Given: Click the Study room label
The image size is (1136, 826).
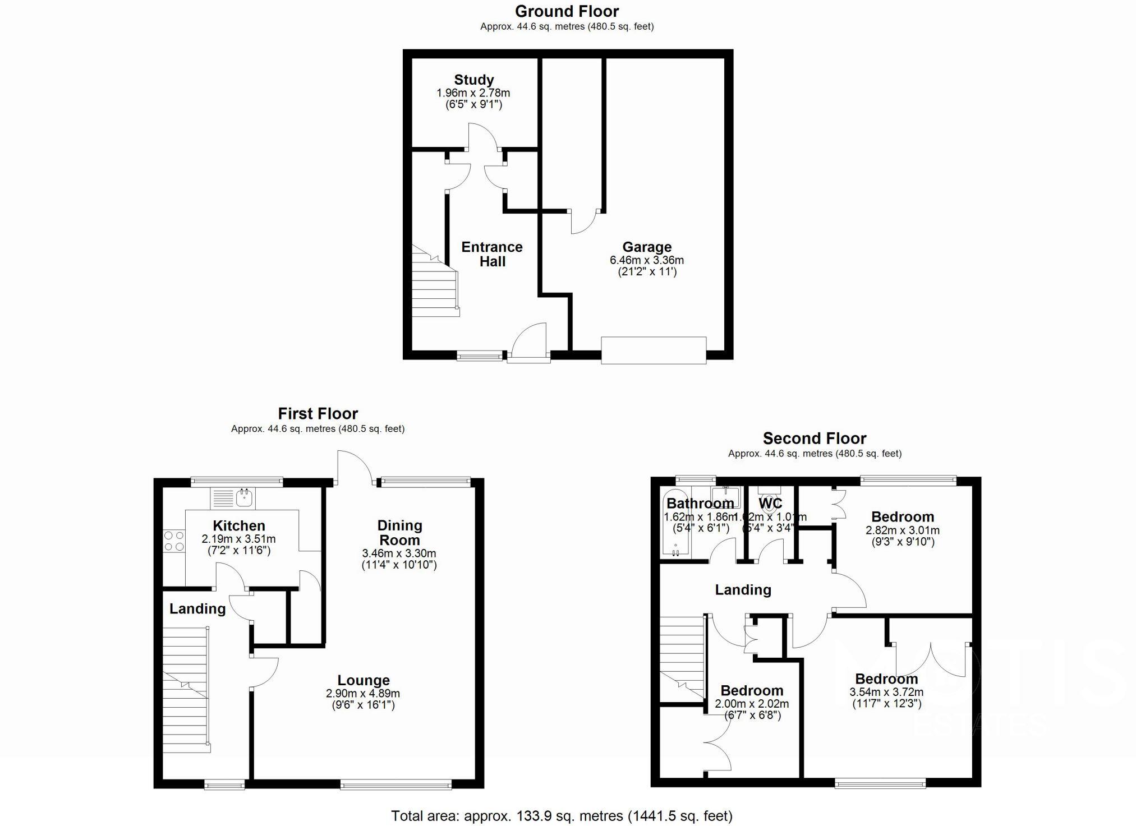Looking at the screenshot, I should pyautogui.click(x=473, y=80).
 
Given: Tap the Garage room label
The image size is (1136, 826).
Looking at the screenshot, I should pyautogui.click(x=646, y=247).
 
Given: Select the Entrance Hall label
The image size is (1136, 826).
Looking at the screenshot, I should pyautogui.click(x=492, y=254).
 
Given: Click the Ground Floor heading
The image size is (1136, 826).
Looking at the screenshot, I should pyautogui.click(x=567, y=11).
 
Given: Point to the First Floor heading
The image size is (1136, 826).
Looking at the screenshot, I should pyautogui.click(x=318, y=414).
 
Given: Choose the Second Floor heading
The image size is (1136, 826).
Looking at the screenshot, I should pyautogui.click(x=814, y=439).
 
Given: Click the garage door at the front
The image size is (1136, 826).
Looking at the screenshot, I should pyautogui.click(x=653, y=350).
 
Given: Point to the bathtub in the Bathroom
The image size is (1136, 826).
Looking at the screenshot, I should pyautogui.click(x=674, y=524).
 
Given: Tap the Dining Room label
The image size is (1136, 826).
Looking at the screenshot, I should pyautogui.click(x=399, y=533).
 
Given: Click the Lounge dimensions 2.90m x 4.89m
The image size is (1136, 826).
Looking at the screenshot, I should pyautogui.click(x=362, y=694).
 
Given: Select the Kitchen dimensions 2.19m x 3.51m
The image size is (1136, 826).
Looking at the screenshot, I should pyautogui.click(x=238, y=539).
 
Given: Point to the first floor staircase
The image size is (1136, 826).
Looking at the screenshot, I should pyautogui.click(x=186, y=690).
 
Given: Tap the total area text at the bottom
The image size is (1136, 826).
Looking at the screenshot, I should pyautogui.click(x=562, y=816).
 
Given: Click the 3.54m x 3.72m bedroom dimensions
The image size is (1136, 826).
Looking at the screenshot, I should pyautogui.click(x=886, y=693).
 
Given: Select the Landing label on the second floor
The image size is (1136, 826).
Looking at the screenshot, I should pyautogui.click(x=743, y=590).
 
